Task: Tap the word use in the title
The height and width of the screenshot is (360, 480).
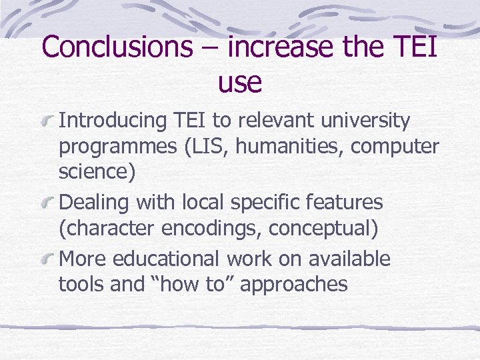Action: (x=239, y=82)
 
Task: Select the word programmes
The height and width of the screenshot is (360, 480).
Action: (x=117, y=146)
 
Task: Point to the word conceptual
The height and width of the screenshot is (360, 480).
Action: (x=323, y=229)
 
